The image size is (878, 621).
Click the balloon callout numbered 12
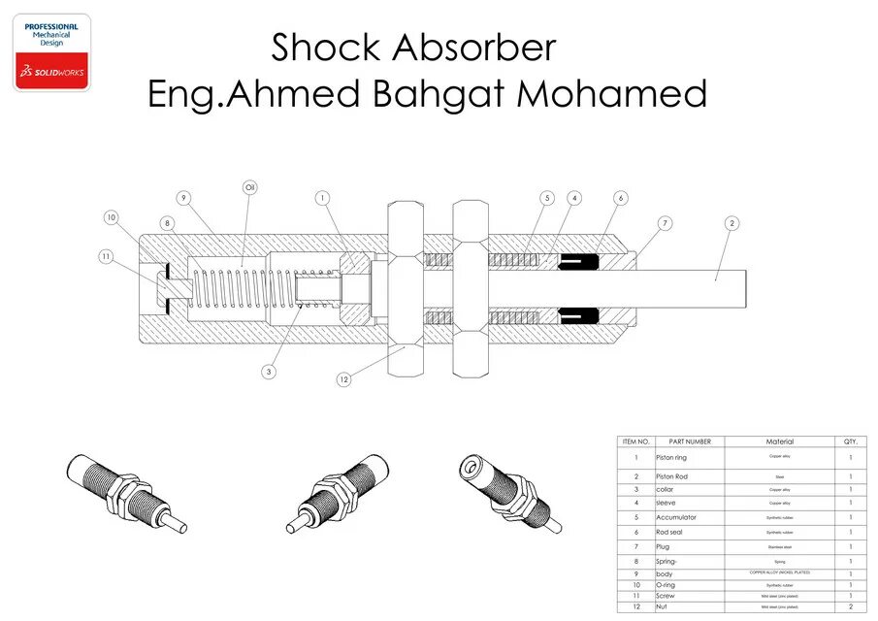coord(343,379)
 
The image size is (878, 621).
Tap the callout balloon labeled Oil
coord(249,187)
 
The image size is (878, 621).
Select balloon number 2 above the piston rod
coord(732,223)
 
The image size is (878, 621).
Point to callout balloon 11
coord(107,256)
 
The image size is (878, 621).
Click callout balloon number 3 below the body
coord(270,370)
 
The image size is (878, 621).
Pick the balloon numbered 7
coord(665,224)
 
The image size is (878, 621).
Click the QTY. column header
coord(850,441)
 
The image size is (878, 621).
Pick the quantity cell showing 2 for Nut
coord(850,606)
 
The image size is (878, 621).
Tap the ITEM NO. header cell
coord(635,441)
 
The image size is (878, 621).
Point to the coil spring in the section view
coord(229,285)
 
